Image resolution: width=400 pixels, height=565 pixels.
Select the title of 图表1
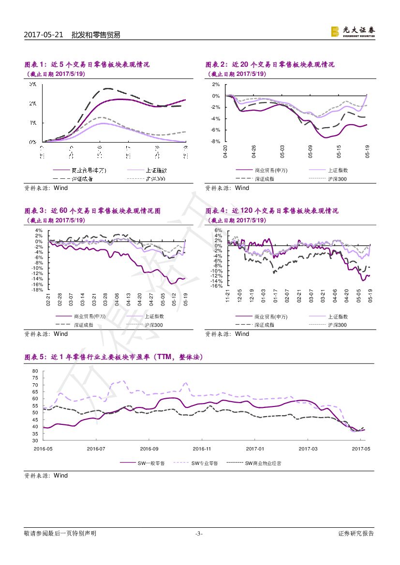coord(87,64)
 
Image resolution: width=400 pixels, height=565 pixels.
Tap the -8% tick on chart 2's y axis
coord(216,141)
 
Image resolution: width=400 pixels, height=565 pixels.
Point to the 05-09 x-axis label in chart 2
coord(311,152)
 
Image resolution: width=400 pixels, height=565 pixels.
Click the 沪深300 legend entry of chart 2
coord(338,179)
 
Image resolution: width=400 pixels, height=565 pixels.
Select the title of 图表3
coord(92,211)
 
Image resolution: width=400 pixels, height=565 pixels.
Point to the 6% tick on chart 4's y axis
coord(218,231)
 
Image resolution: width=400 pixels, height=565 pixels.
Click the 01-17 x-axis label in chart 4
coord(275,296)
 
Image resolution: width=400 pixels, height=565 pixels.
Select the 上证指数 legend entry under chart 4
coord(338,317)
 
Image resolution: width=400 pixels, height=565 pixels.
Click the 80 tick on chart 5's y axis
coord(35,371)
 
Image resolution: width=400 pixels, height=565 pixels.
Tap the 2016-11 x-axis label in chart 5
coord(202,449)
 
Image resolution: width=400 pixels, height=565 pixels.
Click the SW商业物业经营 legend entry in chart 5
coord(263,463)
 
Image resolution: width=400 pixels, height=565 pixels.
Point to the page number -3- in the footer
coord(199,534)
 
